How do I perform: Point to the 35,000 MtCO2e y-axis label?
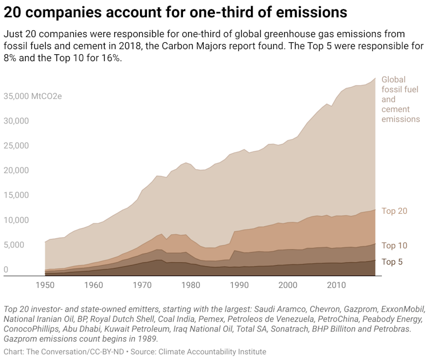pyautogui.click(x=33, y=96)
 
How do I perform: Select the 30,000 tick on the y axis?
pyautogui.click(x=16, y=121)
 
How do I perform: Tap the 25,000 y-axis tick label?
pyautogui.click(x=16, y=145)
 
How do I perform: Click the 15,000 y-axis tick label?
pyautogui.click(x=16, y=195)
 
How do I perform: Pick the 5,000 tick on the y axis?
pyautogui.click(x=14, y=245)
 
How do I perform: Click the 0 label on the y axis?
pyautogui.click(x=6, y=269)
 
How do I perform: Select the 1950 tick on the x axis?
pyautogui.click(x=45, y=285)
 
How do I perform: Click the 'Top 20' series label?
pyautogui.click(x=394, y=211)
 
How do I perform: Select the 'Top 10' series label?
pyautogui.click(x=394, y=245)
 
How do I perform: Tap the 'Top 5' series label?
pyautogui.click(x=392, y=262)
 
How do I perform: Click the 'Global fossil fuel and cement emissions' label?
pyautogui.click(x=400, y=99)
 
